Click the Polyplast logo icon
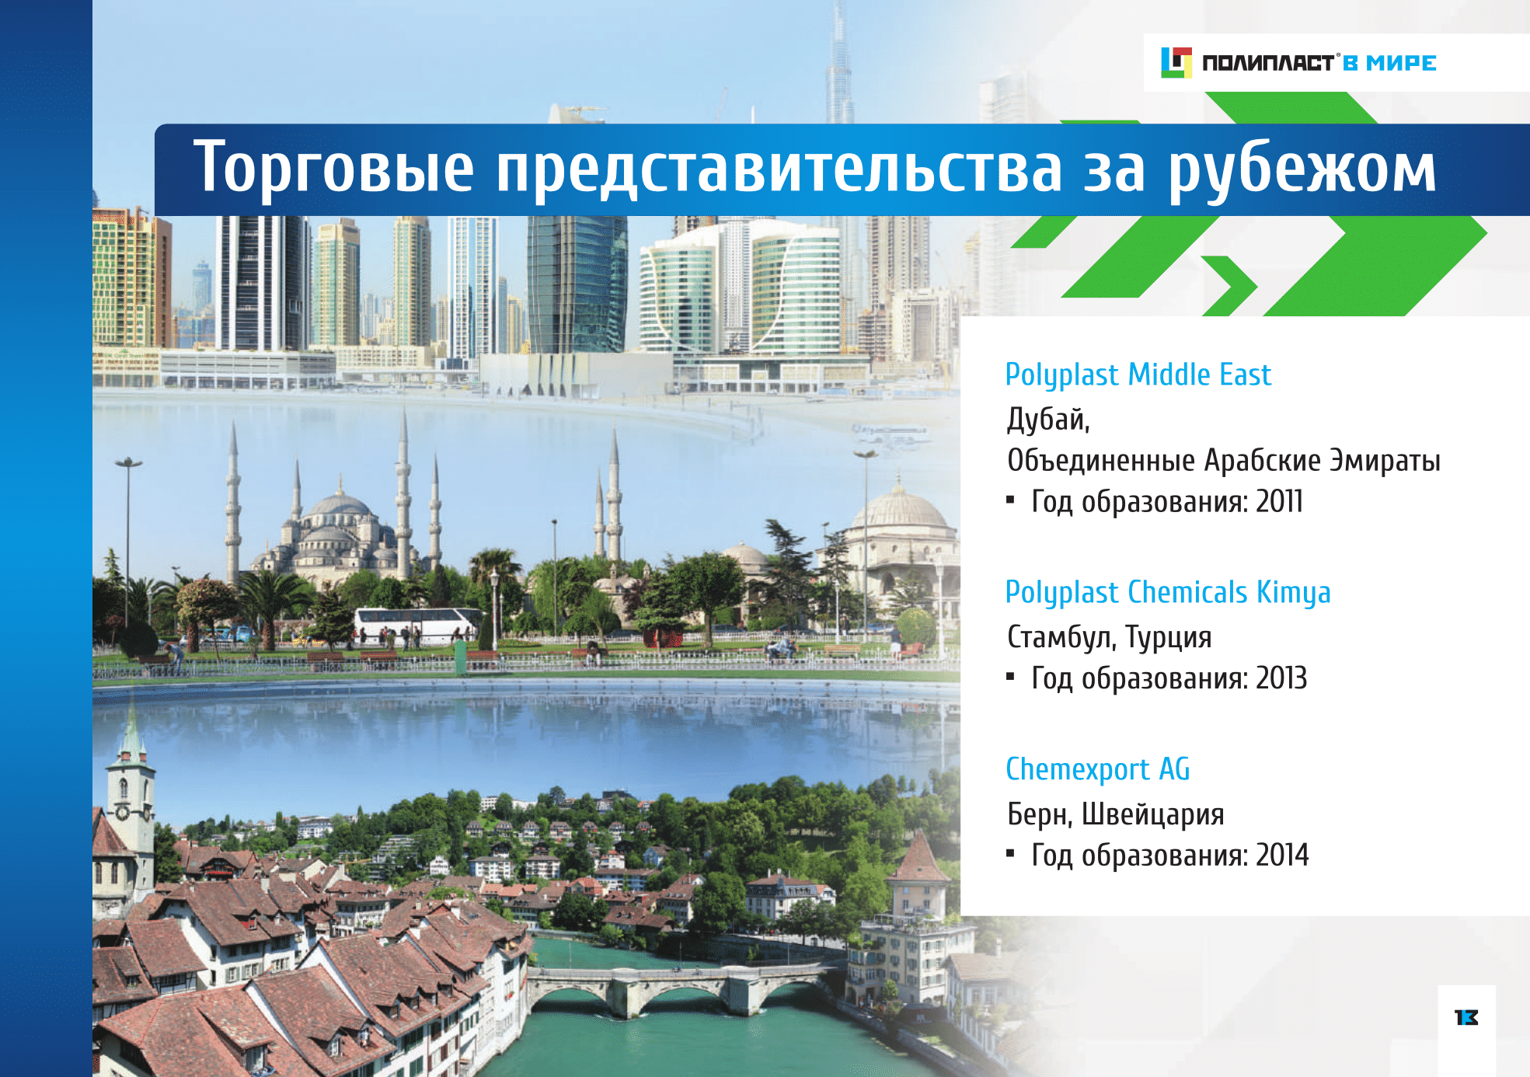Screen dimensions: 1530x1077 coord(1176,63)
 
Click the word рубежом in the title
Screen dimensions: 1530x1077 coord(1302,169)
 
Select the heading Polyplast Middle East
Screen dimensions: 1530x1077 coord(1138,375)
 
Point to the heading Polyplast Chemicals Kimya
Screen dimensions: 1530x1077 coord(1168,593)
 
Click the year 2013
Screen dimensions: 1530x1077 coord(1281,678)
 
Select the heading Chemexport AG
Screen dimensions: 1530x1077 coord(1097,769)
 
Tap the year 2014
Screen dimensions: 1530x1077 coord(1282,855)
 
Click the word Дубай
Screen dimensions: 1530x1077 coord(1048,420)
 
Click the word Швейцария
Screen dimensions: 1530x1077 coord(1153,814)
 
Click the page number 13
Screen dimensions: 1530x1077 coord(1466,1017)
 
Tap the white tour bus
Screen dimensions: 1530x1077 coord(418,625)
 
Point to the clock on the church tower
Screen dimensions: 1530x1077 coord(123,812)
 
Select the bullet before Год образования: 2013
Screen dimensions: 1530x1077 coord(1010,677)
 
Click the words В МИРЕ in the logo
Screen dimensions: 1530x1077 coord(1390,63)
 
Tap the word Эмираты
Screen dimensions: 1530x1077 coord(1385,461)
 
